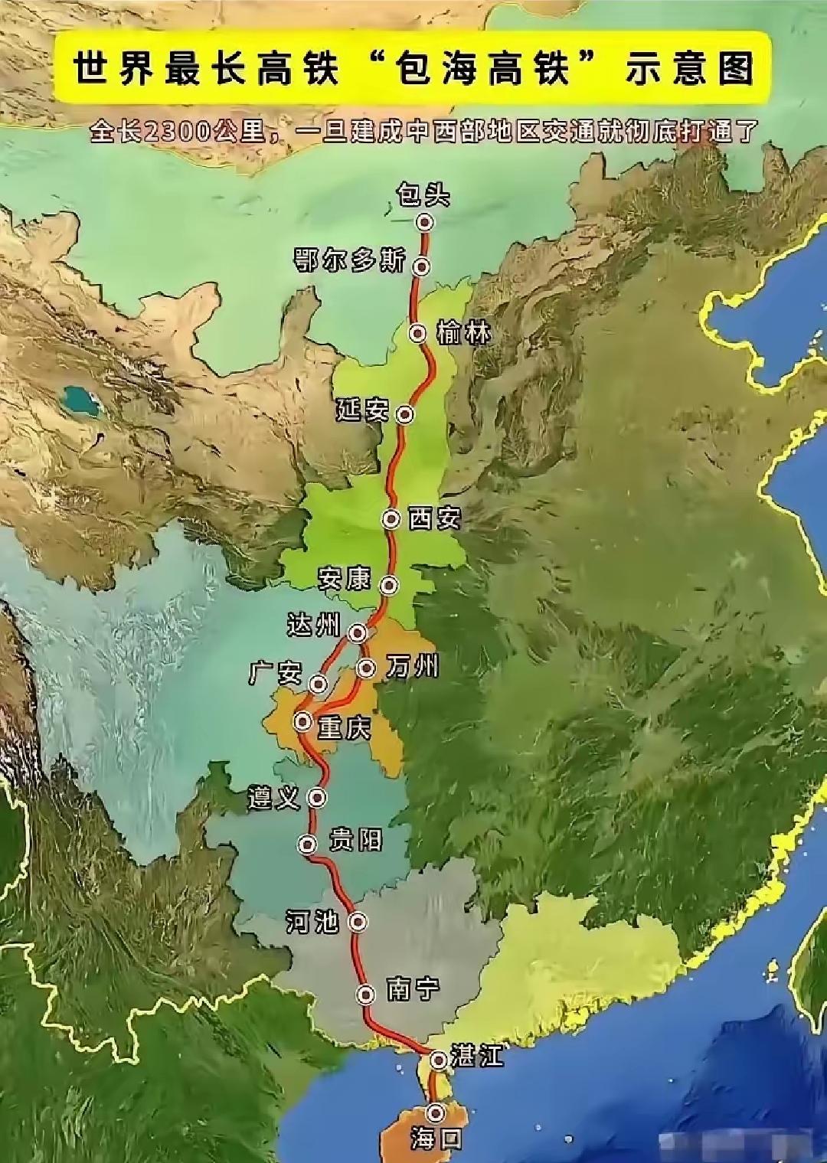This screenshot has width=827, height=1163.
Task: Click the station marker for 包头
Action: click(x=425, y=222)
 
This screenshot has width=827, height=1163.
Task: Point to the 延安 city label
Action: click(x=362, y=411)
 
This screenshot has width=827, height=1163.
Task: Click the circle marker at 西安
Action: click(x=391, y=519)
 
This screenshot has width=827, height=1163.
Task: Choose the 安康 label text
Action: click(x=345, y=580)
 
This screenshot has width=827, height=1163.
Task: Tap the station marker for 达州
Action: click(x=358, y=632)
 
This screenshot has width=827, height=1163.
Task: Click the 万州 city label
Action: click(x=413, y=667)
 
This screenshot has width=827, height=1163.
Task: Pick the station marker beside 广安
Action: click(x=318, y=683)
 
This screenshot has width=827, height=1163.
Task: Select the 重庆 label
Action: click(x=345, y=727)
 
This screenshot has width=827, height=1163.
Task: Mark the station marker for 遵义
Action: click(x=316, y=798)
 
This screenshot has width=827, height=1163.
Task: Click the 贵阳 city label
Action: click(x=355, y=841)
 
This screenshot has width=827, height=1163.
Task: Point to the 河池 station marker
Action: click(x=357, y=921)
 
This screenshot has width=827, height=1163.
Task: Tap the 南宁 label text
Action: click(x=413, y=989)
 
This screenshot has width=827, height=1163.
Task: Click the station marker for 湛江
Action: click(x=439, y=1060)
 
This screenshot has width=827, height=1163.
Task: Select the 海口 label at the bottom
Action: click(x=436, y=1139)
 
